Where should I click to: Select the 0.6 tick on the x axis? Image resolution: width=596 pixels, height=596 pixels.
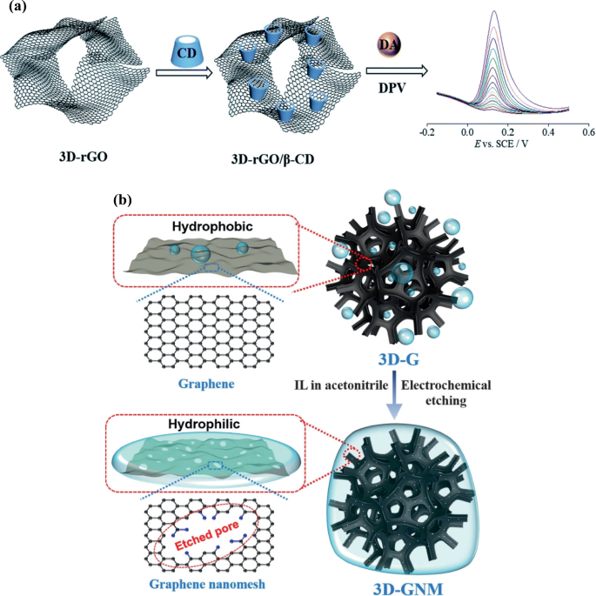click(587, 133)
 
